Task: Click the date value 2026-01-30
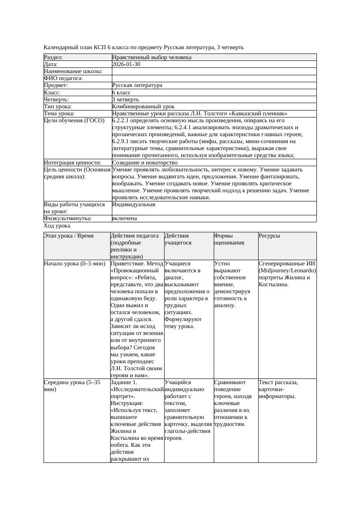click(x=126, y=64)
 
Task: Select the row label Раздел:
click(x=54, y=57)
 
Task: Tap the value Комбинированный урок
click(x=143, y=106)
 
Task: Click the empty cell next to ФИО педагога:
click(x=213, y=78)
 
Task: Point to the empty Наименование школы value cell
click(x=213, y=71)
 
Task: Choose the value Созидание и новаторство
click(x=145, y=163)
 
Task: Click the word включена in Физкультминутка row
click(x=124, y=218)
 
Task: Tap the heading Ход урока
click(x=57, y=226)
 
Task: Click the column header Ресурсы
click(x=269, y=236)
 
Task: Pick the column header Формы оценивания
click(x=229, y=239)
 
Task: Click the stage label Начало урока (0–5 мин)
click(x=74, y=264)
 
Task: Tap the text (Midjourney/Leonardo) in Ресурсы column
click(x=287, y=271)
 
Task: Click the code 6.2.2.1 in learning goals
click(x=122, y=121)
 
